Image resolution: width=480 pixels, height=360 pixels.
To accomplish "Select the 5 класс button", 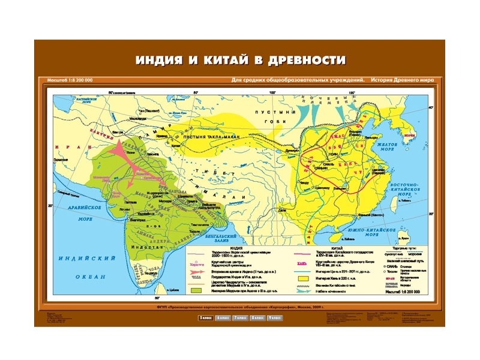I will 205,317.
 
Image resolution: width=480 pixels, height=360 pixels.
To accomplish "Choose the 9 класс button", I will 275,317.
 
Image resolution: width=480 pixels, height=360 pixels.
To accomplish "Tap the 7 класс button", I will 240,317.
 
